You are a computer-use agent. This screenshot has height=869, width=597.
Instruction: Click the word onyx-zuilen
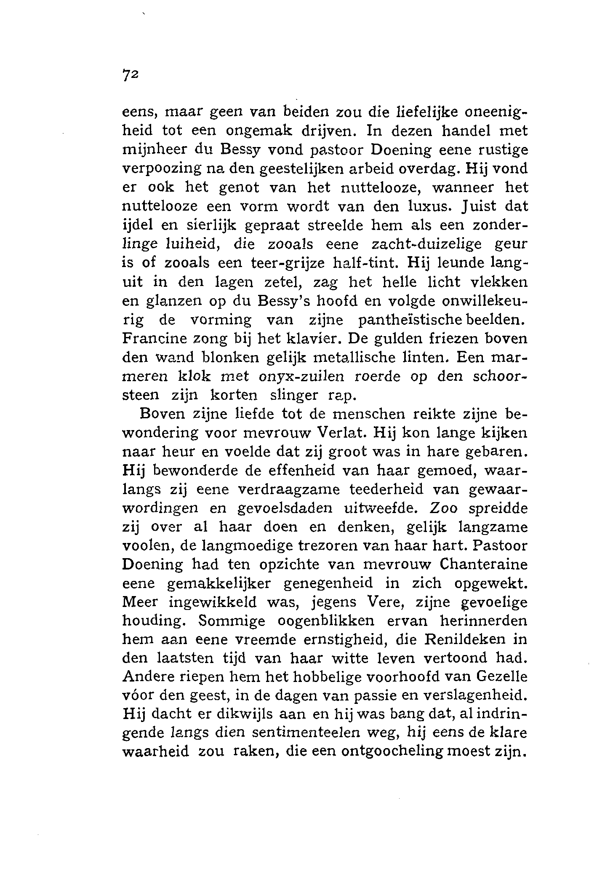coord(301,376)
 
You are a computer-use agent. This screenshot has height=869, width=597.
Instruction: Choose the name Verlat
coord(341,433)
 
